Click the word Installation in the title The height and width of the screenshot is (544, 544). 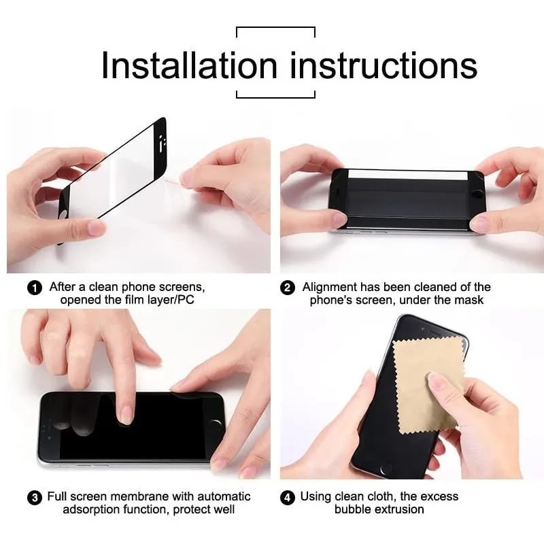point(190,65)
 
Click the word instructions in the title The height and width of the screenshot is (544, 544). point(384,65)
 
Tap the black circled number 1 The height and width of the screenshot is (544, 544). point(35,288)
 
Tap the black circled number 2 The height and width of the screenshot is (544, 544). point(288,288)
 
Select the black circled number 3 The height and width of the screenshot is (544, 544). point(35,498)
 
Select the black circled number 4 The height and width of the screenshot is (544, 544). point(288,498)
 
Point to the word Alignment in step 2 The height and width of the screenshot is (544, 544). point(330,288)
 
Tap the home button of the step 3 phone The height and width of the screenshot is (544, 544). point(216,426)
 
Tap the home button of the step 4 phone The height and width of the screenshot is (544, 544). point(386,469)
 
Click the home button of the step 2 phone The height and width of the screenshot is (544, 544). point(479,192)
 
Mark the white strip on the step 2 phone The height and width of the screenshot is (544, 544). point(407,175)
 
